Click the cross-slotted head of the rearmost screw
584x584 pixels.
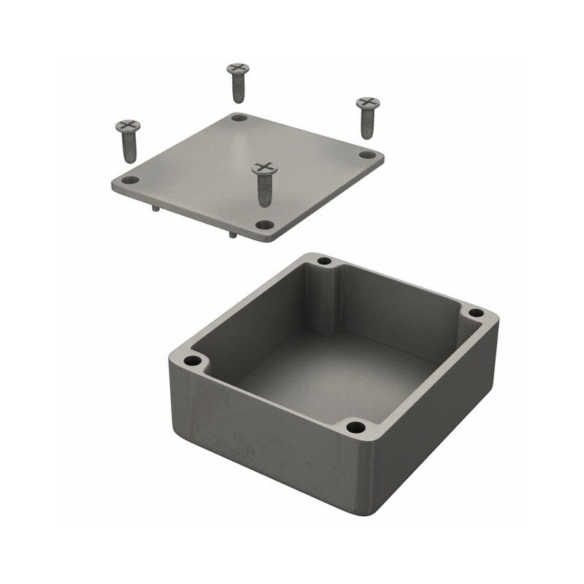[x=237, y=69]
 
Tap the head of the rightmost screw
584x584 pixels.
[x=368, y=102]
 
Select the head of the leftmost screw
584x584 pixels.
[x=128, y=126]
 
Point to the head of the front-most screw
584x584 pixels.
[x=265, y=169]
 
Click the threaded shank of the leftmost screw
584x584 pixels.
[x=129, y=148]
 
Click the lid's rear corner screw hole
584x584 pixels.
[x=239, y=118]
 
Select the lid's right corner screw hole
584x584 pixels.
[x=368, y=155]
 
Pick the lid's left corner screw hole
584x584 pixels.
[x=129, y=180]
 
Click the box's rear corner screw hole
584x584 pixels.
[x=324, y=261]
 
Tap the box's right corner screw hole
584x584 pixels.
[x=476, y=312]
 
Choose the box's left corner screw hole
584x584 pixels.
[x=192, y=361]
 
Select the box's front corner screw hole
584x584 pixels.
[x=355, y=427]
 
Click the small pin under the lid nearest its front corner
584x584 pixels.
[x=231, y=234]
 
